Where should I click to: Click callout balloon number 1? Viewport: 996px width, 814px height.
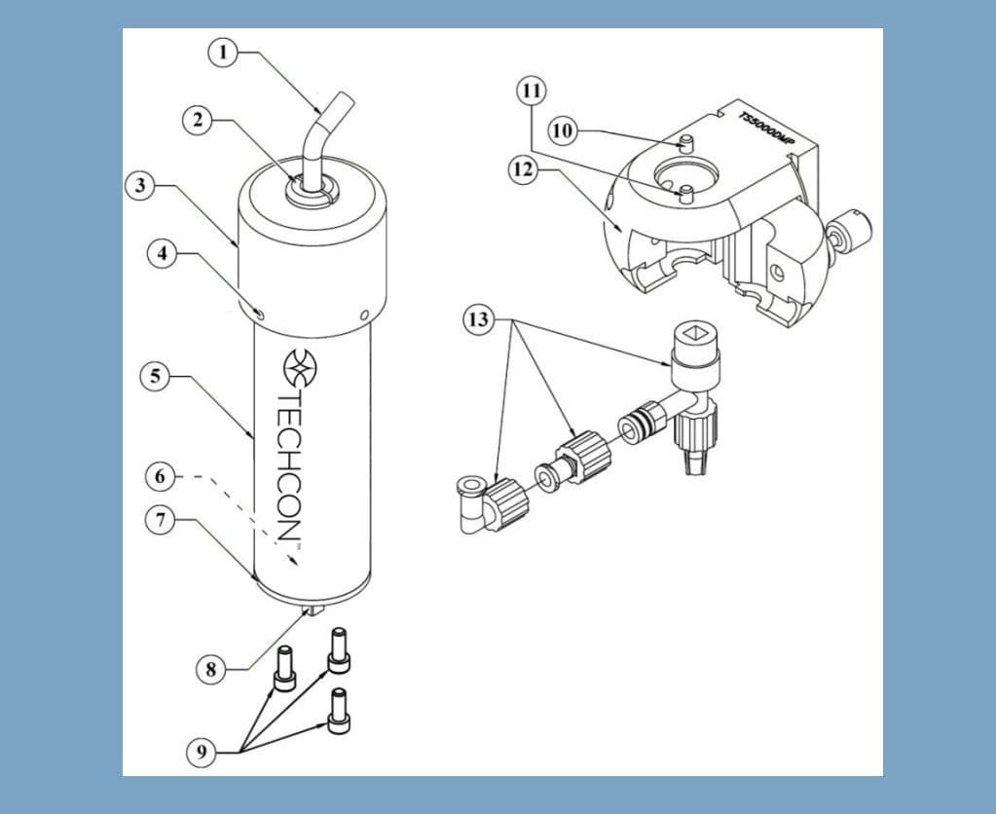coord(224,52)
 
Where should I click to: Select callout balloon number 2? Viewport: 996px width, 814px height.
coord(198,120)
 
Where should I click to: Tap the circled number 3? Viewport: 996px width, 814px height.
coord(140,185)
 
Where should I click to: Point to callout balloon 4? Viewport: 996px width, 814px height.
coord(163,254)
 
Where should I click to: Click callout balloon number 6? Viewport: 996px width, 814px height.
coord(163,477)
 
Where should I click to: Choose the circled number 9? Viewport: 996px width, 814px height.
coord(201,751)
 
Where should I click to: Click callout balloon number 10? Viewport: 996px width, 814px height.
coord(562,130)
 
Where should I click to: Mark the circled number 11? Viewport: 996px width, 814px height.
coord(531,92)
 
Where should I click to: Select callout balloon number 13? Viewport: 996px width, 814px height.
coord(477,320)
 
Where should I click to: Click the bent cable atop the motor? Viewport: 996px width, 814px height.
coord(322,136)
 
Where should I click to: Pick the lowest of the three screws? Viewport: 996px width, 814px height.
coord(338,711)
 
